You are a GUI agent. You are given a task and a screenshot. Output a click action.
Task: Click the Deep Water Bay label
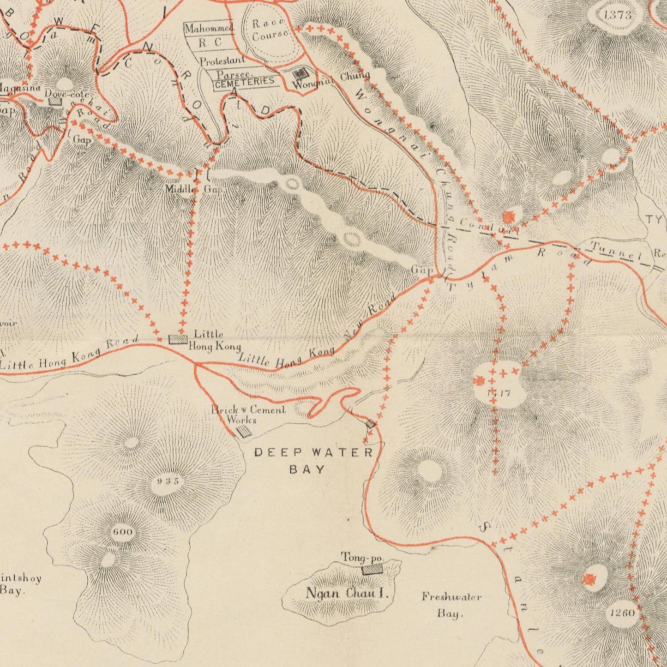click(x=314, y=461)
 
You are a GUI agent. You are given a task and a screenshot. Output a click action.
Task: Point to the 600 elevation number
click(x=122, y=532)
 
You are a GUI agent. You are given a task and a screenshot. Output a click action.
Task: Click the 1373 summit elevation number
click(x=617, y=15)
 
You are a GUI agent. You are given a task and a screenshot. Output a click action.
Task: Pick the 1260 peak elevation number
click(x=622, y=613)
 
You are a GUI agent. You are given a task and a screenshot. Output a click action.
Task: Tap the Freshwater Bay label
click(x=451, y=605)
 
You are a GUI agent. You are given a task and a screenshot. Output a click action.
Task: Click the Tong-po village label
click(x=362, y=558)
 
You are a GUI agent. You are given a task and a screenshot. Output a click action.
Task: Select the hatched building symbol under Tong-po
click(x=372, y=570)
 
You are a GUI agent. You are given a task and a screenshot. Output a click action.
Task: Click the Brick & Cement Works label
click(x=248, y=414)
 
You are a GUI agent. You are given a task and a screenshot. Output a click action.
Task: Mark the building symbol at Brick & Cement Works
click(x=243, y=432)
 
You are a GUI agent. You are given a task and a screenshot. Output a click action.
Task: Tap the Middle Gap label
click(x=194, y=189)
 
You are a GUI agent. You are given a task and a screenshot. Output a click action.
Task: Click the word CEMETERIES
click(x=245, y=82)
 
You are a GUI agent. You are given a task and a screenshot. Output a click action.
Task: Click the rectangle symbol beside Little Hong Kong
click(x=178, y=340)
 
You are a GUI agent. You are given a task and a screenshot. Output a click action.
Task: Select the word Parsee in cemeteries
click(x=234, y=74)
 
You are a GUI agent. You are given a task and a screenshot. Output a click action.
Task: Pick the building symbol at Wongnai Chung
click(x=300, y=73)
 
